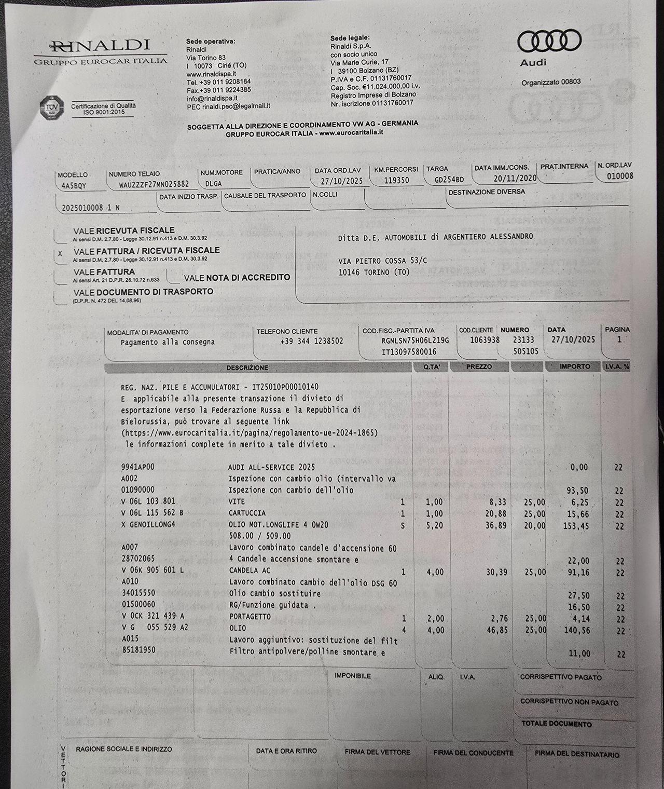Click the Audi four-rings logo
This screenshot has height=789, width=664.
point(549,41)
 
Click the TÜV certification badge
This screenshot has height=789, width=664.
point(52,108)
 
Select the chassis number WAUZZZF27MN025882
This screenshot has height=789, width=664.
point(154,184)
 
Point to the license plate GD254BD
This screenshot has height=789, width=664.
point(449,180)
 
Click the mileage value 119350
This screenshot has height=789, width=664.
point(396,181)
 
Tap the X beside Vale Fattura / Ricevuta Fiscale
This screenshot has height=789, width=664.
point(60,254)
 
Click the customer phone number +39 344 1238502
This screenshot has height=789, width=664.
point(311,342)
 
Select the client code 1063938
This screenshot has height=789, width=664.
point(485,340)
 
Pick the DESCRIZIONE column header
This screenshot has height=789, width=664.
point(247,368)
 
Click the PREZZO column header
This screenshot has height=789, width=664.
point(479,366)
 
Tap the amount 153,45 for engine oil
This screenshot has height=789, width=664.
point(576,526)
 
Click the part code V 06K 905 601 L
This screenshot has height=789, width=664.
point(153,571)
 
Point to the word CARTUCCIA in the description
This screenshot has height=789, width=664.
point(247,513)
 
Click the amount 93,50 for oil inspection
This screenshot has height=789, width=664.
point(578,491)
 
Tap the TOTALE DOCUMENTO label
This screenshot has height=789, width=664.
point(556,724)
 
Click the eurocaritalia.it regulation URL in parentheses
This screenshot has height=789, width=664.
point(250,432)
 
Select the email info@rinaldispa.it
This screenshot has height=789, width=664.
point(212,98)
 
